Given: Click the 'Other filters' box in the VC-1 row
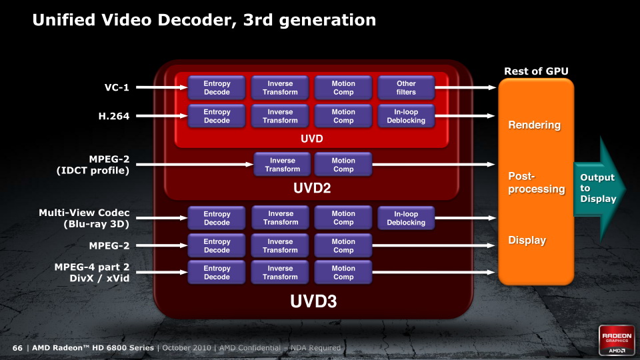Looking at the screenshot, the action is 406,88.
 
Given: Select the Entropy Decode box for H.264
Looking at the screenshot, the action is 217,116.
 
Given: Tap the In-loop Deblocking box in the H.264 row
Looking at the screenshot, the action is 406,116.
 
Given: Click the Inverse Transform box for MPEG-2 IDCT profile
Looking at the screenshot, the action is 283,165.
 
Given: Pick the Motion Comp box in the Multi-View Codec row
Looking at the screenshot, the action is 343,218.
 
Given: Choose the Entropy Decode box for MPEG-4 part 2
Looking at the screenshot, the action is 217,272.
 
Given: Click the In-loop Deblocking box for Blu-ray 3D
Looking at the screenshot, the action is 406,218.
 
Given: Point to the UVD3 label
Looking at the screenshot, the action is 313,301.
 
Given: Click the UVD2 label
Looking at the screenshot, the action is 312,188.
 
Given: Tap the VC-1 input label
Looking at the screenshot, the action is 117,87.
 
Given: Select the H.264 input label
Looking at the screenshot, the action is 114,116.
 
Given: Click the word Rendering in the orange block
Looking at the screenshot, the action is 534,125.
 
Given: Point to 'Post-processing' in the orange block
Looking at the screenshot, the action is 536,183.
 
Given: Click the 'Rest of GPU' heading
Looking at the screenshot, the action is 536,71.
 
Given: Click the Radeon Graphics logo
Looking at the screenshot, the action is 617,340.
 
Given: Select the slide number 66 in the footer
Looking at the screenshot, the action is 17,348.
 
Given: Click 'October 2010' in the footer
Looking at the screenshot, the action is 187,348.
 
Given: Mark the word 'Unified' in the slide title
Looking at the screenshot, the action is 64,19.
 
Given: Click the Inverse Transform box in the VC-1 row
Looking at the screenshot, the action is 280,88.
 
